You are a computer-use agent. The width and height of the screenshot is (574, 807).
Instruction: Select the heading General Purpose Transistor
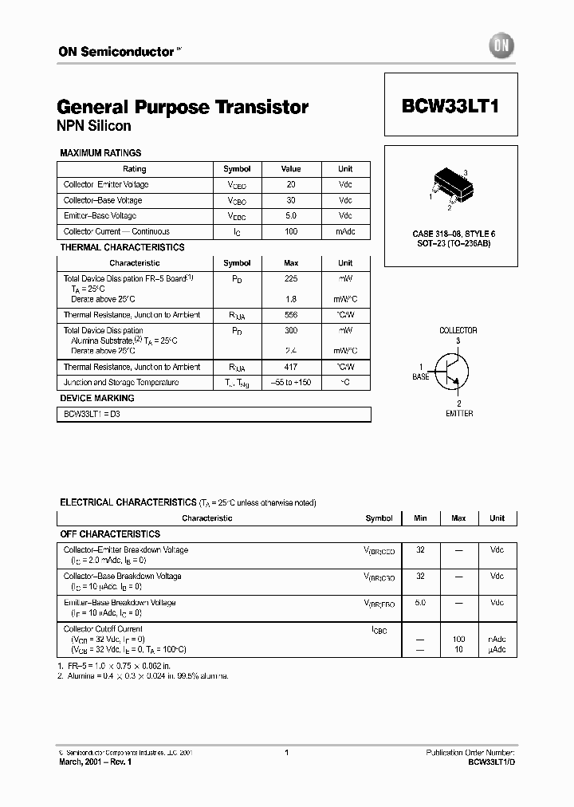point(183,107)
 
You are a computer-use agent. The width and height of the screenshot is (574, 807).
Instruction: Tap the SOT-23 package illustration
point(449,183)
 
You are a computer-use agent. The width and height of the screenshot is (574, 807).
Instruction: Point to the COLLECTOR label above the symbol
point(458,330)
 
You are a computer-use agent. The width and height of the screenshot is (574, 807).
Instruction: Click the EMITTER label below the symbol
point(459,414)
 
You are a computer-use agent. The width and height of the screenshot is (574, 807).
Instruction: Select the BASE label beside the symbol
point(421,376)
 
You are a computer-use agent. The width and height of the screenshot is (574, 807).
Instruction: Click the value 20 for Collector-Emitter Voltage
point(291,184)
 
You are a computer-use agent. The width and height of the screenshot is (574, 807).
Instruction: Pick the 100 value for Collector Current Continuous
point(291,231)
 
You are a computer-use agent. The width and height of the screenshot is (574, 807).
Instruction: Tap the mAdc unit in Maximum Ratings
point(345,231)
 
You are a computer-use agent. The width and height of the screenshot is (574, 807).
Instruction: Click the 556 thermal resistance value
point(291,315)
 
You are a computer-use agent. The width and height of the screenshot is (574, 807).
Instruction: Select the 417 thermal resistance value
point(291,367)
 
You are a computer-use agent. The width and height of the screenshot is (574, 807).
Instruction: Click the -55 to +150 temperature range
point(291,383)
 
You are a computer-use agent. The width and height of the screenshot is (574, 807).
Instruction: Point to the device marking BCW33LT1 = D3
point(92,415)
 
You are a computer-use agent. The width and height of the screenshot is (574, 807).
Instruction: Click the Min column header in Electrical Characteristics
point(420,518)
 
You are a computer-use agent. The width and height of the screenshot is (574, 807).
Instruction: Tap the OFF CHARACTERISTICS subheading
point(110,534)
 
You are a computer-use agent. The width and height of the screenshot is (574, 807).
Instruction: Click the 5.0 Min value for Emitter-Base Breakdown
point(420,603)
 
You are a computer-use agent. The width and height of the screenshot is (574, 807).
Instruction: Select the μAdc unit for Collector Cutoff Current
point(497,650)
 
